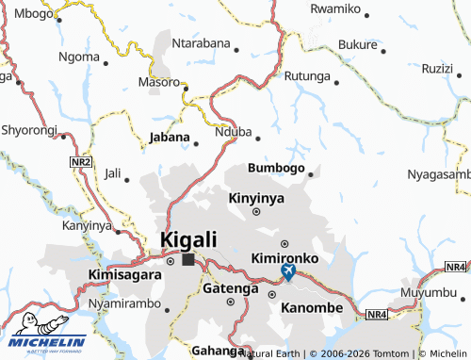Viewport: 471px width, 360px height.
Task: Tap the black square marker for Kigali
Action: [188, 258]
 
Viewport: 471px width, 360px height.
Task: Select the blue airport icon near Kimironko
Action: [288, 273]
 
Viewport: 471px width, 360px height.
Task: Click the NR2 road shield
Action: [81, 162]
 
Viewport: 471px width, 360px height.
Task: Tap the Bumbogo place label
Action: [276, 168]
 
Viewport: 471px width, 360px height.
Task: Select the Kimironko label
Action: [285, 257]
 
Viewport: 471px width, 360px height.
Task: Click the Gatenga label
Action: [231, 288]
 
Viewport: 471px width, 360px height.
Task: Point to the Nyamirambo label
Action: [122, 306]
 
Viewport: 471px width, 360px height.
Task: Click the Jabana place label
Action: [171, 138]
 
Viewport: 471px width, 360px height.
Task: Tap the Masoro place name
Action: [158, 82]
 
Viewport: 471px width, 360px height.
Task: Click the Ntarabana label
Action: [202, 42]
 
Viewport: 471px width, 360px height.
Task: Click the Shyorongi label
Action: [29, 129]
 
